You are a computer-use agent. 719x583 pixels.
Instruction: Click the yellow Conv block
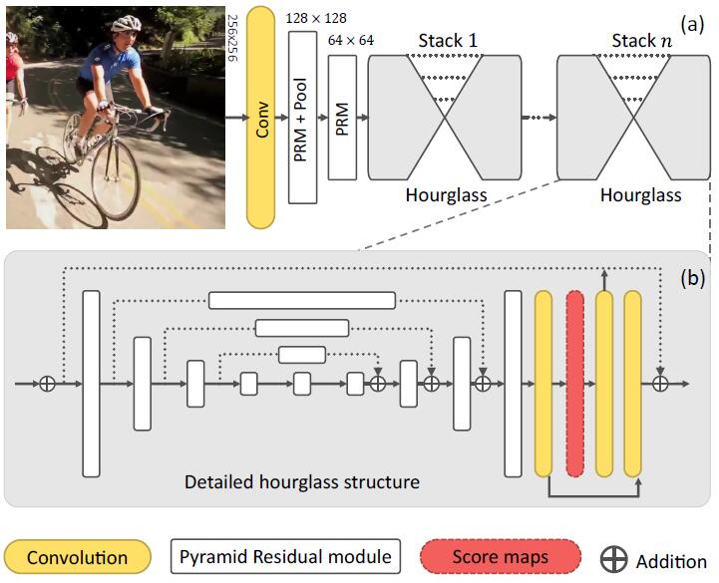tap(260, 117)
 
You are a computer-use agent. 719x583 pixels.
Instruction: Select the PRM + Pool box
tap(301, 116)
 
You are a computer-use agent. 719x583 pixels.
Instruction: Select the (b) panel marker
tap(692, 279)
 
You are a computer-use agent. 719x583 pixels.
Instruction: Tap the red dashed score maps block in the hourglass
tap(573, 384)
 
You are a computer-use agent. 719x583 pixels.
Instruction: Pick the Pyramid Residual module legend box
tap(284, 556)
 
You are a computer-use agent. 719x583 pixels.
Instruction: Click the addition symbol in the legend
tap(617, 558)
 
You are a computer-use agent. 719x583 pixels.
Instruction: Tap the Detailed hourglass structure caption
tap(302, 482)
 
